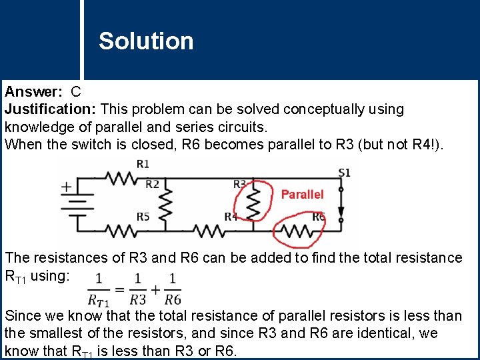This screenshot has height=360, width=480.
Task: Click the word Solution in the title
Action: pyautogui.click(x=146, y=41)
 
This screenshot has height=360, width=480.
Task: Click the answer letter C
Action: pyautogui.click(x=76, y=92)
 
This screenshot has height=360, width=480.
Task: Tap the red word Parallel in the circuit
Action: pyautogui.click(x=302, y=194)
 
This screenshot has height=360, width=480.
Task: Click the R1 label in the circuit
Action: pyautogui.click(x=143, y=164)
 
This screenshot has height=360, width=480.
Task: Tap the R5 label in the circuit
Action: pyautogui.click(x=143, y=217)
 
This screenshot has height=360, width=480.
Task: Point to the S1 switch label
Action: pyautogui.click(x=344, y=173)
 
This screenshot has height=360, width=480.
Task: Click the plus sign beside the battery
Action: pyautogui.click(x=67, y=187)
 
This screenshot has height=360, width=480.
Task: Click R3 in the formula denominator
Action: pyautogui.click(x=137, y=299)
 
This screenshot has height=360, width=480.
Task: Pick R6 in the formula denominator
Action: pyautogui.click(x=172, y=299)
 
